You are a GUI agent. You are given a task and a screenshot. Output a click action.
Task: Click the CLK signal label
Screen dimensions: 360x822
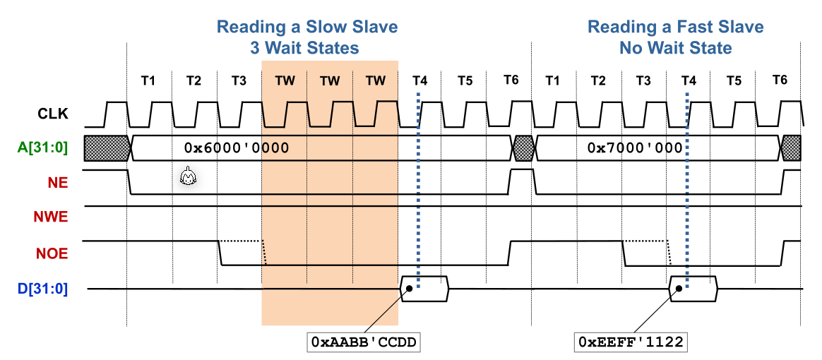click(53, 113)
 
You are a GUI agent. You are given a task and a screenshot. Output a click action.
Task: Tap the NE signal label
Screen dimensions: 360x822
click(59, 181)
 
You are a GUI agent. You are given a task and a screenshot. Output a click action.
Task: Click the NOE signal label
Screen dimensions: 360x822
click(52, 252)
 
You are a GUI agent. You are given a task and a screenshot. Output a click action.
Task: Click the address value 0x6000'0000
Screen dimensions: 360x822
click(237, 148)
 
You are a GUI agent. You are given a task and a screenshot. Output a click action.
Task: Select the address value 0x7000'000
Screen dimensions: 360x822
click(635, 148)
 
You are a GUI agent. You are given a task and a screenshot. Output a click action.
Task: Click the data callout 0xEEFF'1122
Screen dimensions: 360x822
click(631, 342)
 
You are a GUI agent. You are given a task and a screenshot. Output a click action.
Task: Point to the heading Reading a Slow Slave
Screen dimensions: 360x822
click(306, 28)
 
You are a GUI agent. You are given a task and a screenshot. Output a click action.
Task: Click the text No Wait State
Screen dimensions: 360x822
click(675, 49)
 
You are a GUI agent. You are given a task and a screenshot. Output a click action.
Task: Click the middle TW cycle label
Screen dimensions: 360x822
click(330, 80)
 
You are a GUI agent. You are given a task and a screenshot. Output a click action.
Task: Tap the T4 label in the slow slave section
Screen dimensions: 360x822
click(419, 80)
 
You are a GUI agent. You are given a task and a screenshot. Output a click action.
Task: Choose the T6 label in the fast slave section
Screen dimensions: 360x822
click(780, 80)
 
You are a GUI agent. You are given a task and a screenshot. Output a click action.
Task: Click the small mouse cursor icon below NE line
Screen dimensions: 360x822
click(187, 177)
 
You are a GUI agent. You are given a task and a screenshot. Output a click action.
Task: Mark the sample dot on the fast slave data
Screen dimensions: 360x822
click(679, 288)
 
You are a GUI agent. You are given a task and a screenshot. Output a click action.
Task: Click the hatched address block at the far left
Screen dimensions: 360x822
click(107, 148)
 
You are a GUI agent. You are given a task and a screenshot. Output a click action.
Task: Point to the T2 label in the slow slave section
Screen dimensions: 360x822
click(193, 80)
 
